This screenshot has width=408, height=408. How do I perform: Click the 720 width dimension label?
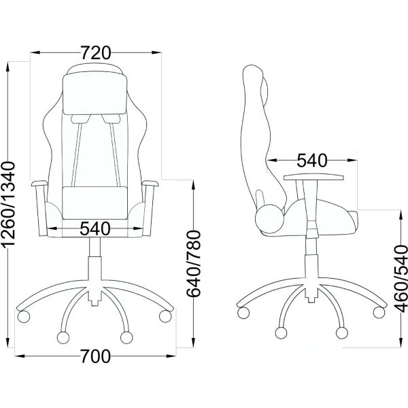[x=96, y=53]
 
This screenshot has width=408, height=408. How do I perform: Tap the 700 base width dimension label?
[x=95, y=356]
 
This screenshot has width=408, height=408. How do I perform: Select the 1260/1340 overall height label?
[x=8, y=204]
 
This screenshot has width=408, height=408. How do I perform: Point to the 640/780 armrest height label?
[x=194, y=263]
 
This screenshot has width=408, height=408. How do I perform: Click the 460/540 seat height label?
[x=401, y=278]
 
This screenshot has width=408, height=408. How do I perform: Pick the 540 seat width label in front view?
[x=95, y=228]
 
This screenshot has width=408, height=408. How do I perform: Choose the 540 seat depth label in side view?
[x=312, y=160]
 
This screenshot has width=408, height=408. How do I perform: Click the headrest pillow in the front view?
[x=95, y=94]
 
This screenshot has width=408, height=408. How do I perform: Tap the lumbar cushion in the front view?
[x=95, y=203]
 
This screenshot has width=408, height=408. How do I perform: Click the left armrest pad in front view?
[x=39, y=184]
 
